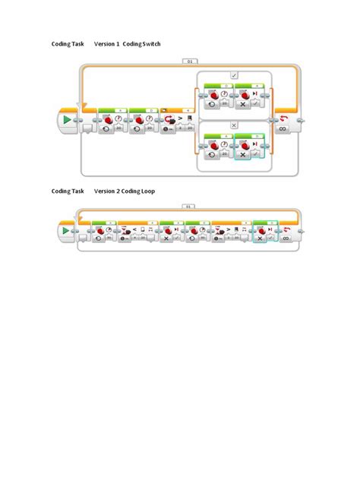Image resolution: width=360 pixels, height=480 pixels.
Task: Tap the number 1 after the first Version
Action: [117, 45]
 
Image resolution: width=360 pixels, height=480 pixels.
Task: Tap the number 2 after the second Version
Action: [117, 191]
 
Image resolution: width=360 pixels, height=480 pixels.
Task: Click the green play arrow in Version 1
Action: [68, 121]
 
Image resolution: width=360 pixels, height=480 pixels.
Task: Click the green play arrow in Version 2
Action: [67, 231]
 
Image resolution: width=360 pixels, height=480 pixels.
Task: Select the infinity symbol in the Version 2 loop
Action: [286, 238]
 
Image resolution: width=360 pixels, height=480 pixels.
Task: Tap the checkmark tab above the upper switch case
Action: [234, 75]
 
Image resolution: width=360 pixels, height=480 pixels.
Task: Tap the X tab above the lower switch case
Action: [234, 125]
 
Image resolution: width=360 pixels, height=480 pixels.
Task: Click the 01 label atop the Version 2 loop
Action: [189, 206]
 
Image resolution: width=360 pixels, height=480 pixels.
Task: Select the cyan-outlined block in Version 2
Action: [265, 233]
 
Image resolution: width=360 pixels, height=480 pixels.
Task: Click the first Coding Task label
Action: [68, 45]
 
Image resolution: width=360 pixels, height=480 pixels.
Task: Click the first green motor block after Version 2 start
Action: [103, 233]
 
